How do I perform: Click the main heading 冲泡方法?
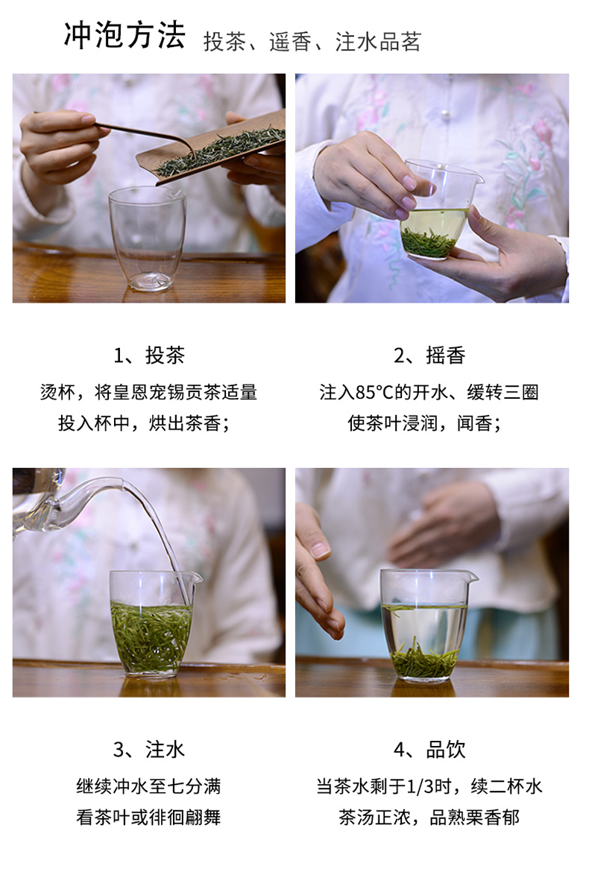coord(125,37)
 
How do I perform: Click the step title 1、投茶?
coord(148,356)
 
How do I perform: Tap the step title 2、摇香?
coord(429,356)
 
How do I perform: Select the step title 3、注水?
coord(148,750)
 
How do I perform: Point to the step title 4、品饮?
coord(429,750)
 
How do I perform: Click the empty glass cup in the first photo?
coord(148,239)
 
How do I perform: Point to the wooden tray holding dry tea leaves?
coord(212,148)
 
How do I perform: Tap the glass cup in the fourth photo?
coord(426,625)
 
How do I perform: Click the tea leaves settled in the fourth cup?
coord(424,660)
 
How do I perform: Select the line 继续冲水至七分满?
coord(148,786)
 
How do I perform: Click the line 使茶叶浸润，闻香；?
coord(424,423)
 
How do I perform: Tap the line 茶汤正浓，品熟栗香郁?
coord(429,817)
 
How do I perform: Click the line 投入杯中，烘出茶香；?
coord(144,423)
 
